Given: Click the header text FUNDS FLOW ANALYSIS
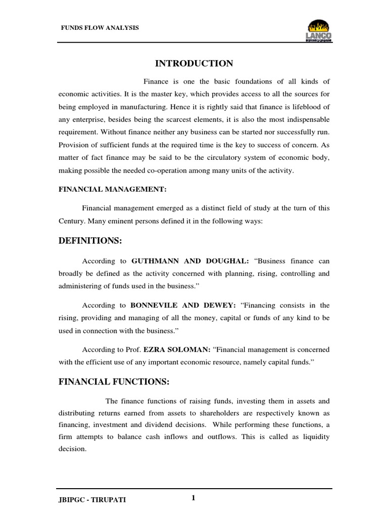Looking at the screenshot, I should point(99,28).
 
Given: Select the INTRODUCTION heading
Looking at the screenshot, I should point(193,63).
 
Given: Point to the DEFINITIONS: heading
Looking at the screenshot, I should point(90,241).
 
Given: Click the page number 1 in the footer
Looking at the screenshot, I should point(193,498).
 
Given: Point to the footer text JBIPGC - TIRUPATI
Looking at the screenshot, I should point(93,500).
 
